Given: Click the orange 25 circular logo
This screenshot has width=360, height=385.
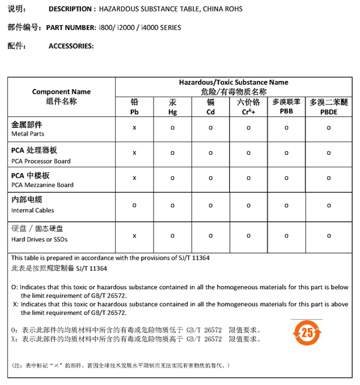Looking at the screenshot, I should coord(307,332).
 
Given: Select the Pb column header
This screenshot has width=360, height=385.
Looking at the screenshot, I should coord(134,107).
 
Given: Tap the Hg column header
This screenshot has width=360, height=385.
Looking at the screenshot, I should coord(172,107).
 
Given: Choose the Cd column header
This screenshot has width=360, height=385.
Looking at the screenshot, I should coord(211,107).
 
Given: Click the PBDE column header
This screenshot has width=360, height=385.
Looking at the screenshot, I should coord(328,107).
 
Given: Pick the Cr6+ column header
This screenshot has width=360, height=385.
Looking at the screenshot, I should coord(248,107).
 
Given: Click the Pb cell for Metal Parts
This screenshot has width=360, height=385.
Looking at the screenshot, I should coord(134,128).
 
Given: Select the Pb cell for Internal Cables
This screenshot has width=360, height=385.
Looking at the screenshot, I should coord(134,204).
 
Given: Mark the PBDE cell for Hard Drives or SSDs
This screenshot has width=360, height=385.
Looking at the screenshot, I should coord(328,234).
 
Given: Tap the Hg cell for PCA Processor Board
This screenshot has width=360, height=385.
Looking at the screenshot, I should coord(172,153).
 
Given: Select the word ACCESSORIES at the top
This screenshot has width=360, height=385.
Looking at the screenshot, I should coord(71,46).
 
